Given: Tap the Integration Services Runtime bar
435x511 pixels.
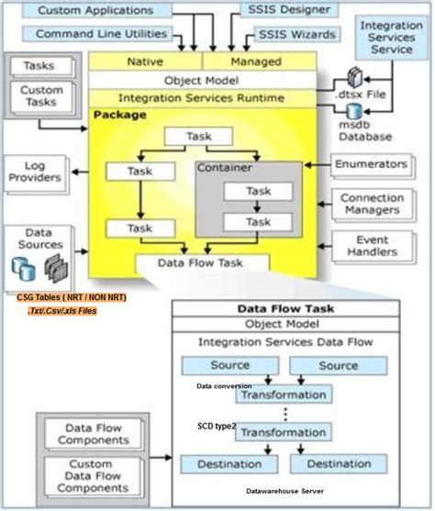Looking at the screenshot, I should pyautogui.click(x=202, y=97).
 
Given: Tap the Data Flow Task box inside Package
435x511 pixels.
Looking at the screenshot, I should pyautogui.click(x=203, y=263).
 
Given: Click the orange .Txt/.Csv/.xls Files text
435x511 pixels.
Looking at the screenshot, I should pyautogui.click(x=62, y=311).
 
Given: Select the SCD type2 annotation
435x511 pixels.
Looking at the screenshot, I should pyautogui.click(x=217, y=427).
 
